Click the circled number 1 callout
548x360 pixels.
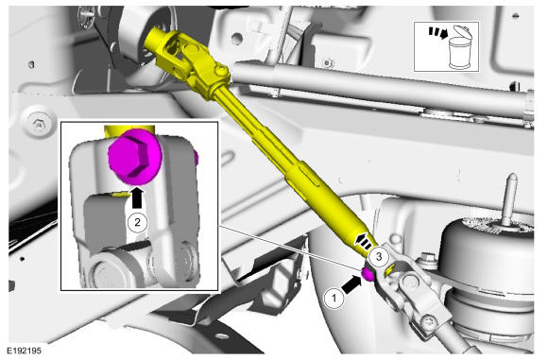click(334, 299)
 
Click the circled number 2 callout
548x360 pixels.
click(137, 222)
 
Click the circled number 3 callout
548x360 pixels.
click(379, 257)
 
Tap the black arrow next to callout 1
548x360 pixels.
click(351, 284)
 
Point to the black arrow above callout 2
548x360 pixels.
click(137, 198)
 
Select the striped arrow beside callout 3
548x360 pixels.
click(364, 241)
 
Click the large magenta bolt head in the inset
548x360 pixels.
click(135, 156)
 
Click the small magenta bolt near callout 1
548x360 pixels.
click(368, 274)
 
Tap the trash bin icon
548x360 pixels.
click(458, 47)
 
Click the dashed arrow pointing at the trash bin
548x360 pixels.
click(438, 32)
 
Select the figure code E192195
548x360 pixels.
click(24, 351)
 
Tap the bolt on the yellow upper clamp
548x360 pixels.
click(220, 71)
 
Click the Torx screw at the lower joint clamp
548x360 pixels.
click(429, 321)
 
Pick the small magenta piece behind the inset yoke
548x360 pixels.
click(197, 159)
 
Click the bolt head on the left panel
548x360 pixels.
click(37, 122)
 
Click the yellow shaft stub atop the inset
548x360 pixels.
click(128, 130)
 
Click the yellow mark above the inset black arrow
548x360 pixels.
click(120, 194)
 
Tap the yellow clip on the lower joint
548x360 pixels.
click(389, 270)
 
